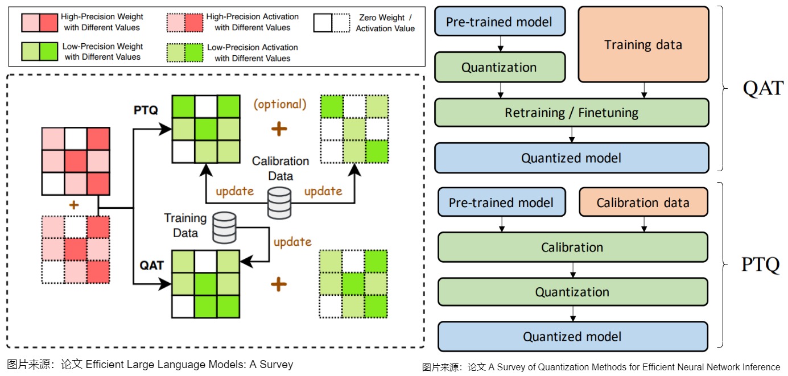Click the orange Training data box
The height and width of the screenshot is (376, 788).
tap(643, 44)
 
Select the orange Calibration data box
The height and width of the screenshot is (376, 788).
tap(643, 203)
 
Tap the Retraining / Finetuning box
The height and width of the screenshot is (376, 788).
tap(571, 113)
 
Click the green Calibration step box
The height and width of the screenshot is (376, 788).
tap(572, 247)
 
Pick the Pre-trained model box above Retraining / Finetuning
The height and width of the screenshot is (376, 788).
tap(499, 22)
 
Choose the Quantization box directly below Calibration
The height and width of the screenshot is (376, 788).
tap(572, 292)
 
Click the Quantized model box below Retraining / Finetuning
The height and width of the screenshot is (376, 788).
tap(571, 158)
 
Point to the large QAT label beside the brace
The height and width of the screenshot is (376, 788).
tap(762, 88)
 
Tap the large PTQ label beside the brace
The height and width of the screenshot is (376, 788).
tap(760, 265)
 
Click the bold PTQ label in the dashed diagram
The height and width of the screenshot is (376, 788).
tap(146, 110)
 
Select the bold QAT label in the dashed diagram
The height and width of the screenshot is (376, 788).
tap(151, 265)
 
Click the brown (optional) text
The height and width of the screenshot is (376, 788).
tap(280, 104)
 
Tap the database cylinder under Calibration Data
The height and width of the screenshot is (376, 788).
tap(279, 204)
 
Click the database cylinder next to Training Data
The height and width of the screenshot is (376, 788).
tap(224, 227)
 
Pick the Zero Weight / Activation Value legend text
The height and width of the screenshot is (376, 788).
tap(385, 23)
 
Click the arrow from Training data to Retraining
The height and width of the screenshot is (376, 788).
tap(643, 90)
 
